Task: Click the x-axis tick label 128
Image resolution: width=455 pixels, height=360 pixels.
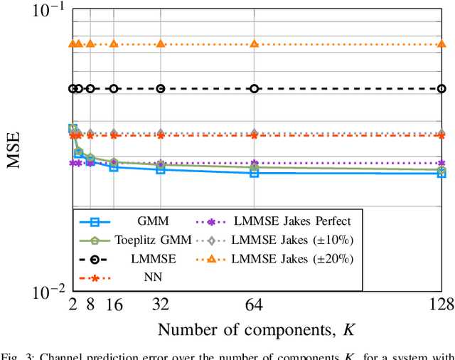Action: pos(441,305)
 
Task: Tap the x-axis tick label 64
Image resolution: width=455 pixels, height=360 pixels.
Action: pos(255,305)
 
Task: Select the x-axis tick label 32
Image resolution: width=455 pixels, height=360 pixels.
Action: pos(161,305)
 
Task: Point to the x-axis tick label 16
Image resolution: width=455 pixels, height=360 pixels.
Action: pos(114,305)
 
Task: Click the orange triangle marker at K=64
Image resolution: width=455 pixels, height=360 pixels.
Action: pos(255,43)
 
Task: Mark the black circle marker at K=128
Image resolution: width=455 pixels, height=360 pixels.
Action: pos(441,89)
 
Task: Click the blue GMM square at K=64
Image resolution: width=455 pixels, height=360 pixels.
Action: pos(255,173)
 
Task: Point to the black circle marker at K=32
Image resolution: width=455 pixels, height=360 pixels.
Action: pos(161,89)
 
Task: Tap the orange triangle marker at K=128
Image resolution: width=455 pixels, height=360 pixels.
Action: pos(441,43)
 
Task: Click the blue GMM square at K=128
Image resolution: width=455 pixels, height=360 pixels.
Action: pos(441,173)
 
